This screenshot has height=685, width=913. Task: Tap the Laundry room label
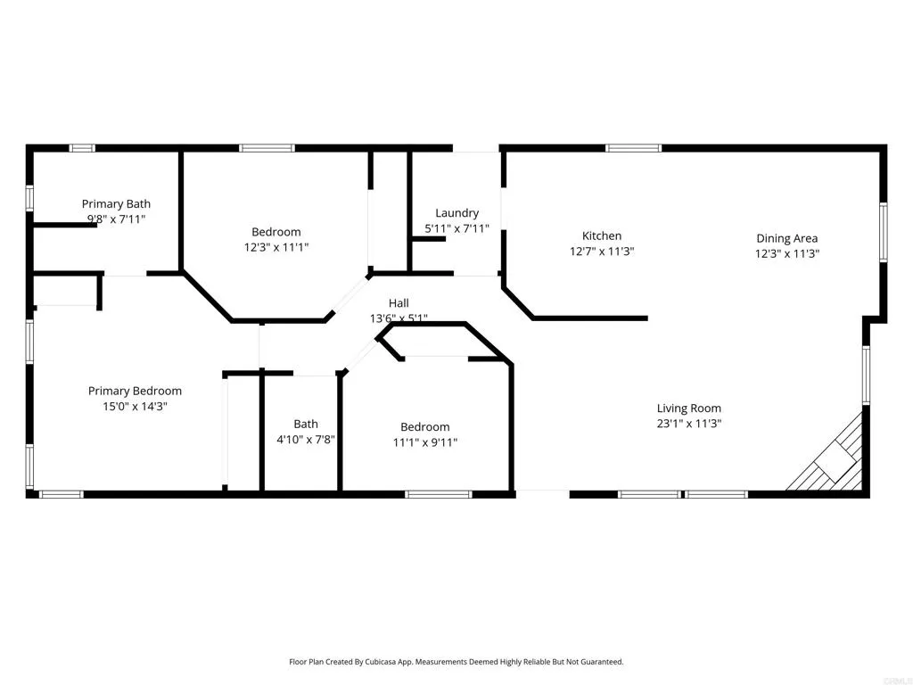(456, 212)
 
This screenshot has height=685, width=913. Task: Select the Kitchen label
(602, 235)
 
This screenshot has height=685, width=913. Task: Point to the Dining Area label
(786, 238)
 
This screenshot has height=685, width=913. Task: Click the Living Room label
(688, 409)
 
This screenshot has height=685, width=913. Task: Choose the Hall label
(399, 303)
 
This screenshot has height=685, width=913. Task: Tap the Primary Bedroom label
(135, 391)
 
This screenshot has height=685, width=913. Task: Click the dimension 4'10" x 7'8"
(306, 439)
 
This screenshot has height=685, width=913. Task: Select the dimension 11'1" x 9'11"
(424, 442)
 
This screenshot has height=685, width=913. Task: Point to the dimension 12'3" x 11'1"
(276, 247)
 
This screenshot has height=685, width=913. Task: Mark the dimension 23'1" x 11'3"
(688, 424)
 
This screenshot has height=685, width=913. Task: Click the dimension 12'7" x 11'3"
(602, 251)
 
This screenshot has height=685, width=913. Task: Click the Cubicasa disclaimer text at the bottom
(456, 662)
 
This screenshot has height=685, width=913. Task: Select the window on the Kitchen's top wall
(633, 148)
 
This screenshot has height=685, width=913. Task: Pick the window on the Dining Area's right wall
(883, 231)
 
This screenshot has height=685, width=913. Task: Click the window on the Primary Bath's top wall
(83, 148)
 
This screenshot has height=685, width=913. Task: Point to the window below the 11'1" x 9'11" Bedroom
(439, 493)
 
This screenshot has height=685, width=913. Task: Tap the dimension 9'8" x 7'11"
(116, 219)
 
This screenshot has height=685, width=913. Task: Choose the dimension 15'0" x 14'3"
(135, 406)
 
